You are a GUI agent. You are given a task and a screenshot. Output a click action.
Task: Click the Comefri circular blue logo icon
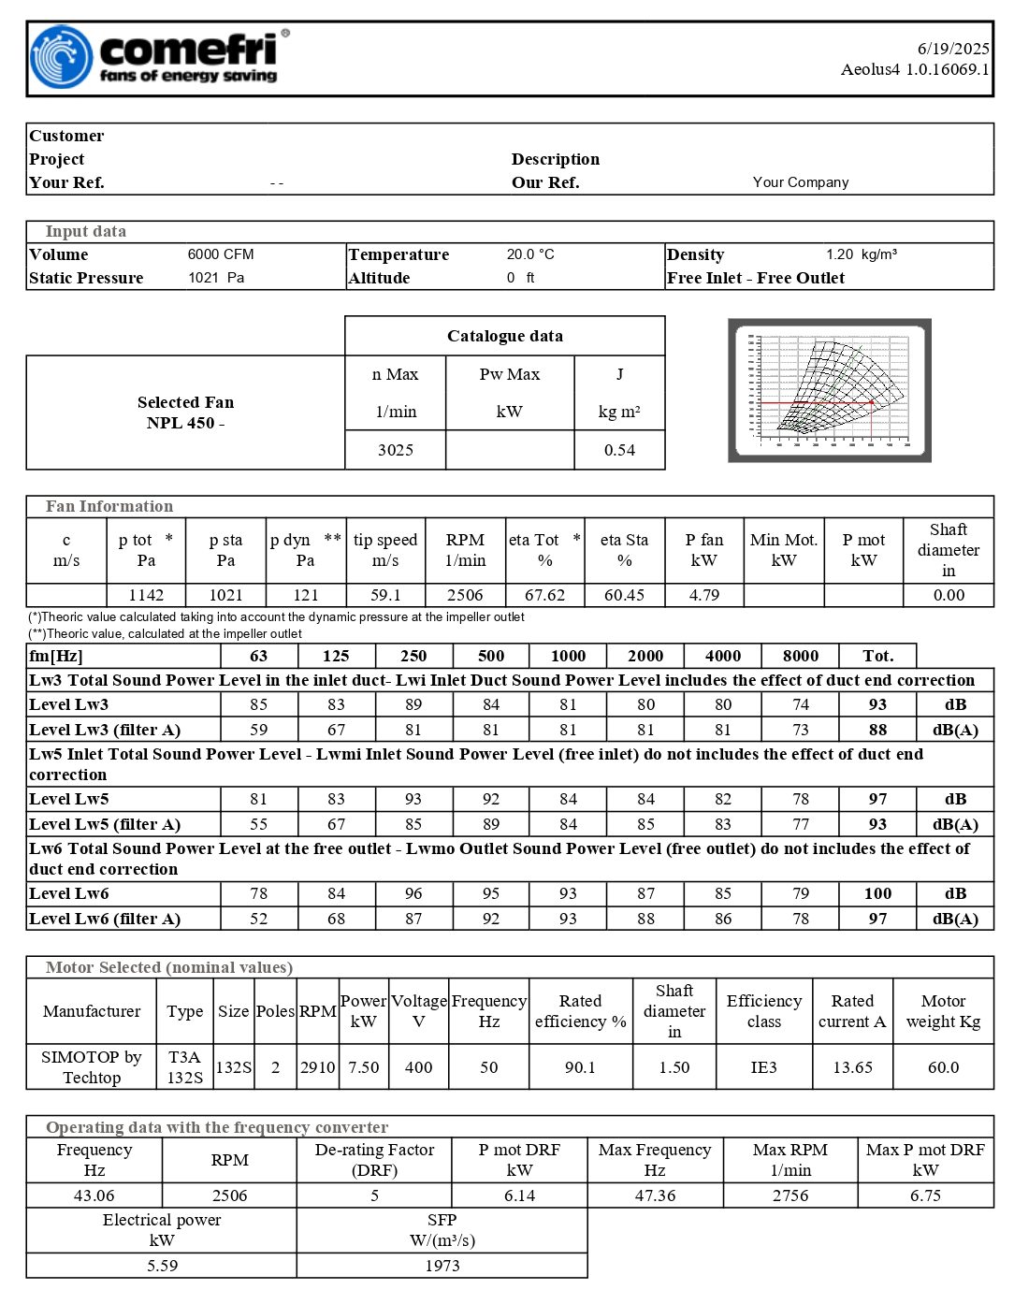pyautogui.click(x=62, y=57)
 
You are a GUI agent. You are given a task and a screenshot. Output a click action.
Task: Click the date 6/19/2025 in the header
pyautogui.click(x=952, y=49)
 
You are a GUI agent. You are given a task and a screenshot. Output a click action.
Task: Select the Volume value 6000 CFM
pyautogui.click(x=221, y=254)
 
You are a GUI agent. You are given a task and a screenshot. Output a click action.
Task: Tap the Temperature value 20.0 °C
pyautogui.click(x=530, y=254)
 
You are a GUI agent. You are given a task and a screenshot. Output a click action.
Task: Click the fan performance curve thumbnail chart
pyautogui.click(x=830, y=390)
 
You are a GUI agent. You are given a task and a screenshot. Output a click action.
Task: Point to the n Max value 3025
pyautogui.click(x=396, y=450)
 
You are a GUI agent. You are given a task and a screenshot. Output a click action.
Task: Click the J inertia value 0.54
pyautogui.click(x=619, y=450)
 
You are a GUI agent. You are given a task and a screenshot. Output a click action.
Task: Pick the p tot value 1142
pyautogui.click(x=146, y=595)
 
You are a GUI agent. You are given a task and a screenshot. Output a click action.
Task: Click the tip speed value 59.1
pyautogui.click(x=385, y=595)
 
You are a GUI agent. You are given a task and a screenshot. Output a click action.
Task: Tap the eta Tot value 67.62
pyautogui.click(x=544, y=595)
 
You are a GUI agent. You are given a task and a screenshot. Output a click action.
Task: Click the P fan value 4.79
pyautogui.click(x=704, y=595)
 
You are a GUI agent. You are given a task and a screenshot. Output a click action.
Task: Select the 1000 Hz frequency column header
pyautogui.click(x=568, y=656)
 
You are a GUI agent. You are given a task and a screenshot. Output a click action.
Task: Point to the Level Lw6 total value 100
pyautogui.click(x=877, y=893)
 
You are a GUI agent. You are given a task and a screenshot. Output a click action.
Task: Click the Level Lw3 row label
pyautogui.click(x=69, y=704)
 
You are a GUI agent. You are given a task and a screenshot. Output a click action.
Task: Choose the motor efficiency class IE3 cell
pyautogui.click(x=763, y=1067)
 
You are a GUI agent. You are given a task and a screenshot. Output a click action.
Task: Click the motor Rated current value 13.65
pyautogui.click(x=852, y=1067)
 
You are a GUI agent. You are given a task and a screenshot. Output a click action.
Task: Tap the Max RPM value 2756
pyautogui.click(x=789, y=1195)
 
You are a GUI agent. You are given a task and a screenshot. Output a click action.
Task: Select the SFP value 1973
pyautogui.click(x=442, y=1266)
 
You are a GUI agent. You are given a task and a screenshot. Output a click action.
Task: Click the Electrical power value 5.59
pyautogui.click(x=162, y=1266)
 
